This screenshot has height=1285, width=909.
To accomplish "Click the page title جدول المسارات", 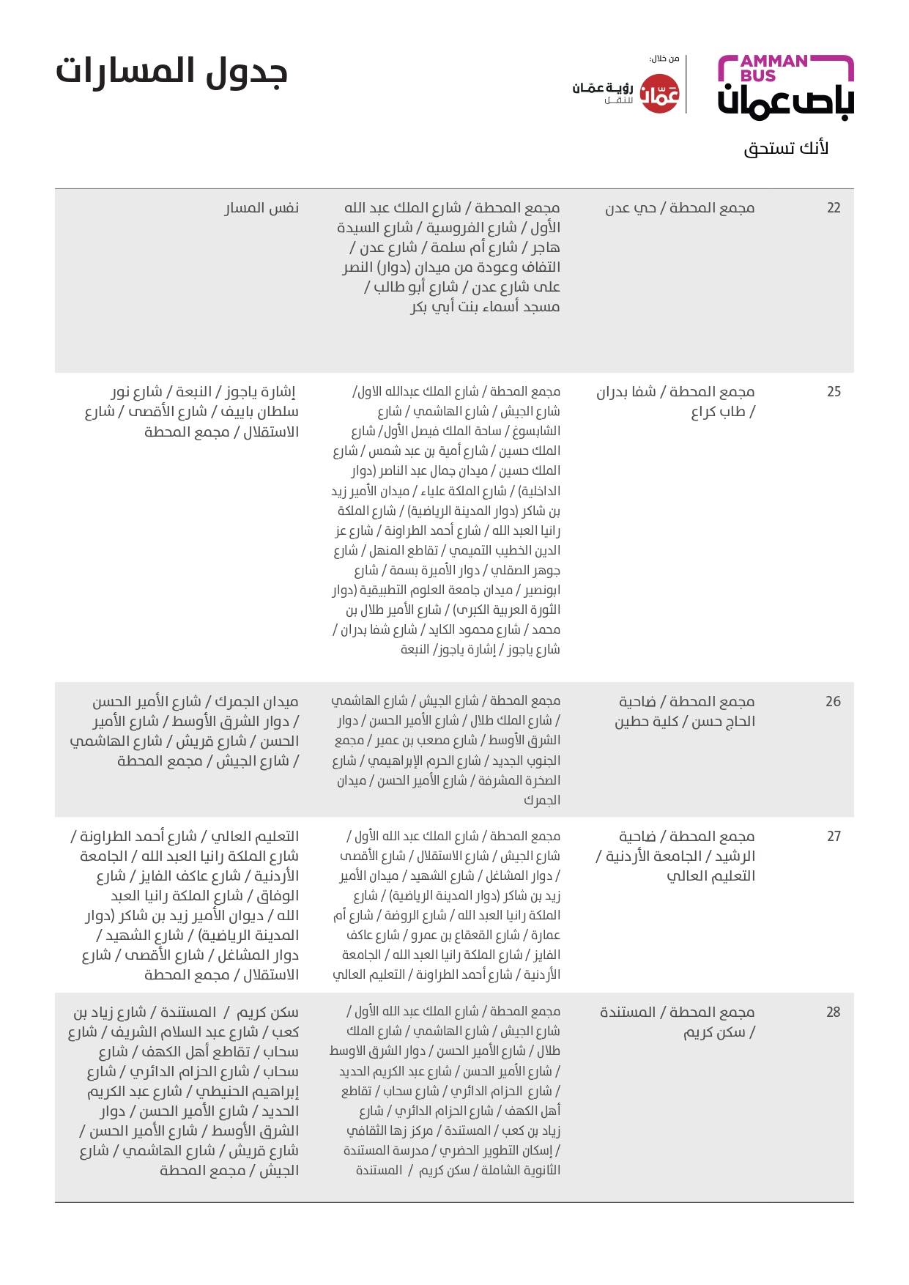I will click(171, 72).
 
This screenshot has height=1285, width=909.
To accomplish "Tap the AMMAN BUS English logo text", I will click(773, 67).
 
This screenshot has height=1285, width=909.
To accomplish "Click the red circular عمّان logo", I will click(660, 94).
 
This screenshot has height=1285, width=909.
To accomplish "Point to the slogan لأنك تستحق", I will click(786, 148).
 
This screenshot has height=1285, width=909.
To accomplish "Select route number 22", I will click(834, 208).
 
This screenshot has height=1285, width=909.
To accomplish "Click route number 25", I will click(834, 392).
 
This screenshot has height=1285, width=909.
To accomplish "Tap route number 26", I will click(834, 702).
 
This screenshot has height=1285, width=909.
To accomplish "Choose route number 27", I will click(834, 837).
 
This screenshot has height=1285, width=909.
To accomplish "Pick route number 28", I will click(834, 1012).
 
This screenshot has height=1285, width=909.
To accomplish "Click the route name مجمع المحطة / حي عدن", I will click(680, 208).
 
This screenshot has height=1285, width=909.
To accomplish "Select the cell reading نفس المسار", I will click(261, 208).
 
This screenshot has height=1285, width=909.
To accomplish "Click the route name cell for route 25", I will click(675, 401).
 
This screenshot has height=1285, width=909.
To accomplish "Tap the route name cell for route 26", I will click(685, 711).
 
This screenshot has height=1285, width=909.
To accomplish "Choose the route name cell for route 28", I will click(678, 1022).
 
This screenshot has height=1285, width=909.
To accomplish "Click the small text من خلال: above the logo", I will click(664, 59).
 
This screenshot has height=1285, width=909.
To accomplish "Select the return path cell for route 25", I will click(192, 412).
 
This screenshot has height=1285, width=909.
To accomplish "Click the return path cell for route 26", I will click(185, 731).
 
